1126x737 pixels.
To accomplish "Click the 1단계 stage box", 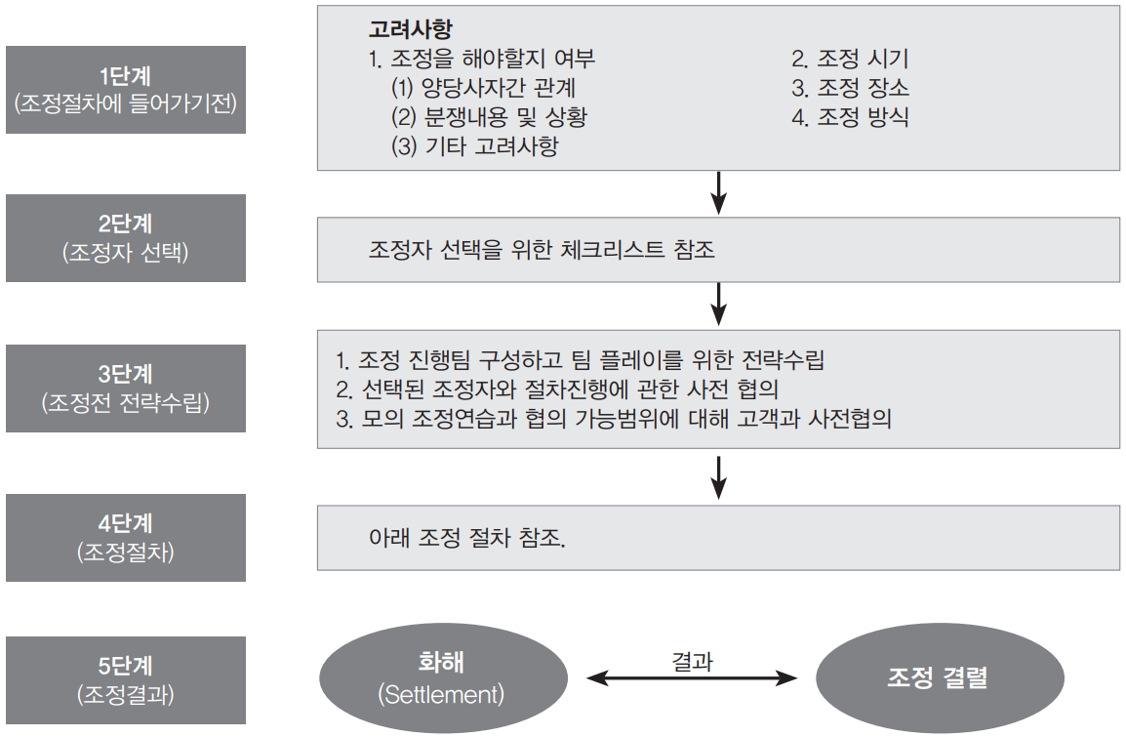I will tap(126, 89).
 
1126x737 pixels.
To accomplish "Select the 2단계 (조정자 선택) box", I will tap(126, 238).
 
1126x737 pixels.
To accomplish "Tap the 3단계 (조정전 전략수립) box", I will tap(126, 388).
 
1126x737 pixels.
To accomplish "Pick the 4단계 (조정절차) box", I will tap(126, 538).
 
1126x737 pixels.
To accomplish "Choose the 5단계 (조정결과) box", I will tap(126, 680).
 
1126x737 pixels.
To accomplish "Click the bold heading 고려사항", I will tap(410, 30).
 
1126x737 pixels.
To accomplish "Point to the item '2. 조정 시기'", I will tap(850, 60).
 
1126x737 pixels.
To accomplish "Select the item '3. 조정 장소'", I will tap(850, 89).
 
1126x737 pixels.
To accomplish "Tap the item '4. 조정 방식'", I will tap(850, 118).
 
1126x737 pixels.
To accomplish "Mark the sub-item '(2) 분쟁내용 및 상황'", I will tap(489, 118).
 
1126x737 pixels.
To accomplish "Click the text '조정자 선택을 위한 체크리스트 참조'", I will tap(542, 250).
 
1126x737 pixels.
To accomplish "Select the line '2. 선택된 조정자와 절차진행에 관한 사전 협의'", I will tap(561, 389).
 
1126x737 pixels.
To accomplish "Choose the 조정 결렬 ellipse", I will tap(940, 678).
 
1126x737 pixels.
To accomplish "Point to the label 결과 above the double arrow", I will tap(692, 661).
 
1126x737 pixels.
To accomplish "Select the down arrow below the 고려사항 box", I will tap(718, 192).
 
